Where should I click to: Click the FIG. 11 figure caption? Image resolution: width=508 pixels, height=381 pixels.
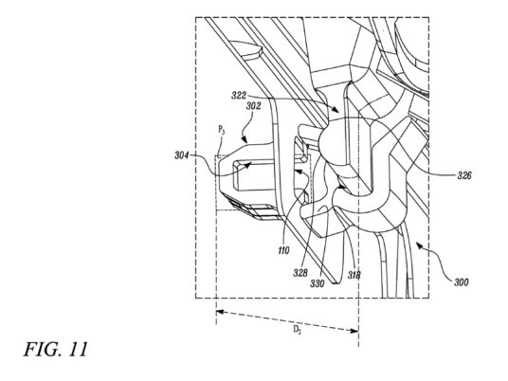pos(56,349)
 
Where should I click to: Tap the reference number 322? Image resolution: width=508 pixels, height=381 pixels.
pos(239,96)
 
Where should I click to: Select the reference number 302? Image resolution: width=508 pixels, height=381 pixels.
pos(253,106)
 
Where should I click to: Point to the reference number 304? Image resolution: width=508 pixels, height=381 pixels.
pos(182,155)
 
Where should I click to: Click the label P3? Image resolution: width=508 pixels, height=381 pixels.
pos(221,130)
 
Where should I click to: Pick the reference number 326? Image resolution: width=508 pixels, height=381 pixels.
pos(464,175)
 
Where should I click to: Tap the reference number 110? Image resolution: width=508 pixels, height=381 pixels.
pos(283,250)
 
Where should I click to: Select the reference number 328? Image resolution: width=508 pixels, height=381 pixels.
pos(300,273)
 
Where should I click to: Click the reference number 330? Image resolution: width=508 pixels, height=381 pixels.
pos(317,283)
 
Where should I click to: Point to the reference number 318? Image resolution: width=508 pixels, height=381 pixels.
pos(354,275)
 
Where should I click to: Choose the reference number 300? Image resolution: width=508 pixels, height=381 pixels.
pos(461,282)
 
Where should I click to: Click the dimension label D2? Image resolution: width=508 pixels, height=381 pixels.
pos(297,330)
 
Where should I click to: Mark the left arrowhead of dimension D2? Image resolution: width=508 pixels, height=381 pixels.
pos(220,312)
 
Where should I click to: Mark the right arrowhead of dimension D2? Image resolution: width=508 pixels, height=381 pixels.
pos(354,330)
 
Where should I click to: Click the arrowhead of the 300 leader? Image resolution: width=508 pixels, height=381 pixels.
pos(419,246)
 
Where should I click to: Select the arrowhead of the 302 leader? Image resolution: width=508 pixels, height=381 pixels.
pos(245,140)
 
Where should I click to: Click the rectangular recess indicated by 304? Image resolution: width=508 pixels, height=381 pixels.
pos(253,174)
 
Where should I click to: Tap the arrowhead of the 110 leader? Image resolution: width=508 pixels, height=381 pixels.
pos(297,171)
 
